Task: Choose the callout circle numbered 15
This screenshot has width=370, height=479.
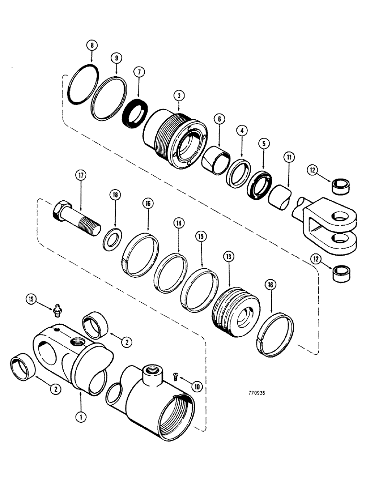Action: point(198,237)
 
